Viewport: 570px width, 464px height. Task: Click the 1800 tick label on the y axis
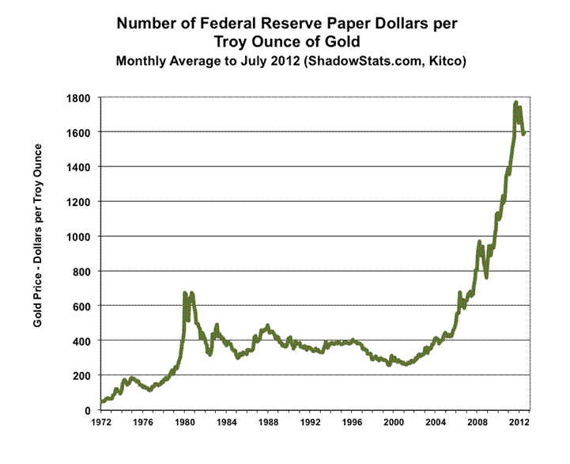click(79, 97)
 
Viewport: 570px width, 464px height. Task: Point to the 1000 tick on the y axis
click(79, 237)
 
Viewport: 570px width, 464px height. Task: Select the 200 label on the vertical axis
click(82, 375)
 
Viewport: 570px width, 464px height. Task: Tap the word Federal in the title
click(208, 24)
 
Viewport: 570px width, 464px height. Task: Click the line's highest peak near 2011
click(515, 102)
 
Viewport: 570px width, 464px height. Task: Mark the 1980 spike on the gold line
click(185, 294)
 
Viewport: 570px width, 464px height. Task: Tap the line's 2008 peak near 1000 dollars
click(480, 242)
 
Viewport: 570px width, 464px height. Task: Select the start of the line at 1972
click(101, 402)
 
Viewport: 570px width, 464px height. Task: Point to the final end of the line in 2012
click(523, 132)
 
